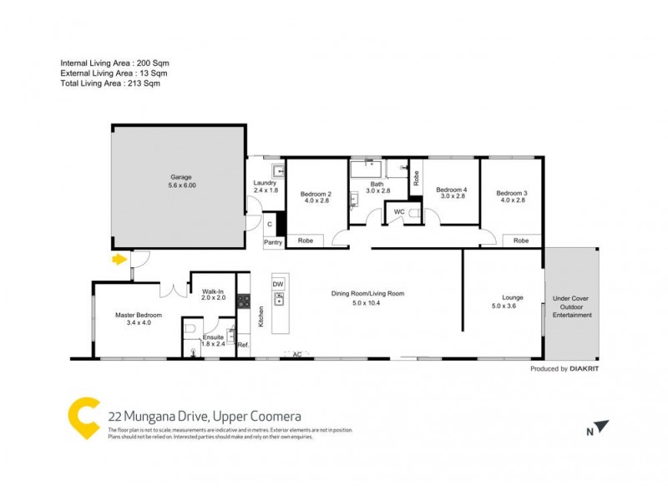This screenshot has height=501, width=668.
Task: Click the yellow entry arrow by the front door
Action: point(120,260)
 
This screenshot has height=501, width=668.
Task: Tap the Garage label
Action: point(182,177)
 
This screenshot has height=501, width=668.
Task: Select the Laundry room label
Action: point(265,183)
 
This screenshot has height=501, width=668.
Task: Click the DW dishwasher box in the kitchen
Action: point(278,285)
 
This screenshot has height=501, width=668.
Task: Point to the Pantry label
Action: point(273,242)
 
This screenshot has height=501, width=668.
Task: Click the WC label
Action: point(399,212)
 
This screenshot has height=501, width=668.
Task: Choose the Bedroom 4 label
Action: point(452,190)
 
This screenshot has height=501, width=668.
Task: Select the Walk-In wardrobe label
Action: point(214,291)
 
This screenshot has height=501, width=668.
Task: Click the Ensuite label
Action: point(213,336)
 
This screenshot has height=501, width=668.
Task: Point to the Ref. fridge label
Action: point(243,344)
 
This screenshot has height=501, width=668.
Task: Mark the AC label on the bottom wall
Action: point(296,354)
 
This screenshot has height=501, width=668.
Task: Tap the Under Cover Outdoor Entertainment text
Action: point(572,306)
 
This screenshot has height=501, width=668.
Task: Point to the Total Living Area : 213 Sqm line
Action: point(110,83)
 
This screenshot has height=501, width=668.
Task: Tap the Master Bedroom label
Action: point(138,315)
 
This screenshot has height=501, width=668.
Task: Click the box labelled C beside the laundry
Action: point(270,224)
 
